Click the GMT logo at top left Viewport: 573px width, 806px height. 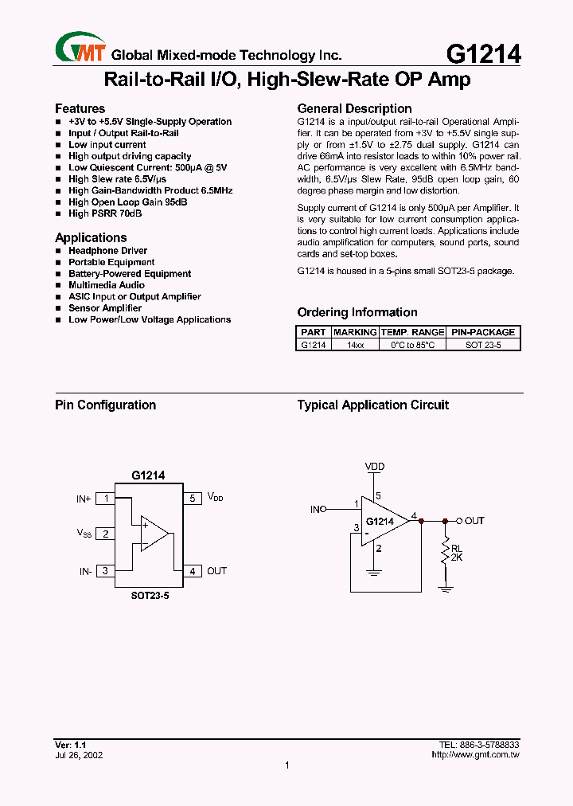pyautogui.click(x=80, y=49)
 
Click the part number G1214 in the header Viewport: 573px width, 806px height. pyautogui.click(x=483, y=53)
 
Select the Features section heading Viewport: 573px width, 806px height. pyautogui.click(x=80, y=108)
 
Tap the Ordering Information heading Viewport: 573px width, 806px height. pyautogui.click(x=357, y=312)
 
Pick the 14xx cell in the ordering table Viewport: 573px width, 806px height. pyautogui.click(x=355, y=345)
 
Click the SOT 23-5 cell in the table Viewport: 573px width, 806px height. pyautogui.click(x=482, y=345)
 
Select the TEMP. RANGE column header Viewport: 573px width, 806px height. pyautogui.click(x=412, y=332)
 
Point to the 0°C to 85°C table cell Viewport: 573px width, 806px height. pyautogui.click(x=412, y=345)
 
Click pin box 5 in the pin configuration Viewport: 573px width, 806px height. pyautogui.click(x=192, y=499)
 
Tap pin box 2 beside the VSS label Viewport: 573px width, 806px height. pyautogui.click(x=105, y=534)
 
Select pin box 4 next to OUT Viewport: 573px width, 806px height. pyautogui.click(x=192, y=571)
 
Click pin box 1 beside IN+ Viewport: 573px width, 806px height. pyautogui.click(x=105, y=499)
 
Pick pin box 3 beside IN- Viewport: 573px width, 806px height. pyautogui.click(x=105, y=571)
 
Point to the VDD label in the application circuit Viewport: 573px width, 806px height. pyautogui.click(x=375, y=466)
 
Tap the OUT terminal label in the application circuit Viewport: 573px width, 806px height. pyautogui.click(x=474, y=521)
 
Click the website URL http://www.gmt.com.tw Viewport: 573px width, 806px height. pyautogui.click(x=475, y=755)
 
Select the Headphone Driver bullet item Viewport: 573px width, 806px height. pyautogui.click(x=107, y=251)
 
